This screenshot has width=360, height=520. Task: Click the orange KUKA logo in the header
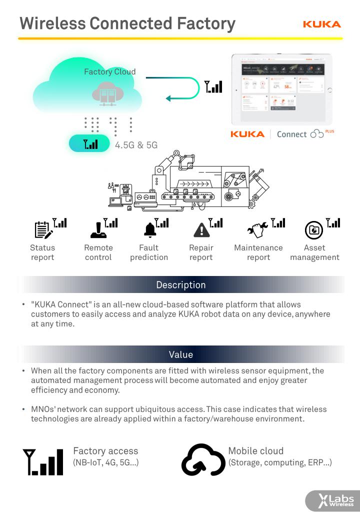[321, 24]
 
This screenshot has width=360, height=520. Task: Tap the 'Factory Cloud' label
[109, 71]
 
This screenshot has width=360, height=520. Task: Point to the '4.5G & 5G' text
[136, 145]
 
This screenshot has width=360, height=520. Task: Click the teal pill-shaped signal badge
[89, 143]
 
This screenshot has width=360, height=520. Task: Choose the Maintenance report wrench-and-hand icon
[258, 229]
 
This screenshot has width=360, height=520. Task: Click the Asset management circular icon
[314, 230]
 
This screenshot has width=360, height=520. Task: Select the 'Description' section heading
[181, 285]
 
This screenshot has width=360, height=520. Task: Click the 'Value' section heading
[181, 354]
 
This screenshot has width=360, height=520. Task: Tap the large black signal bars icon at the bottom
[43, 461]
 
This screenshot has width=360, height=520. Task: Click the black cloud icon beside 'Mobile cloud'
[203, 459]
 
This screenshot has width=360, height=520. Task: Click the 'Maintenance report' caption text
[258, 252]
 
